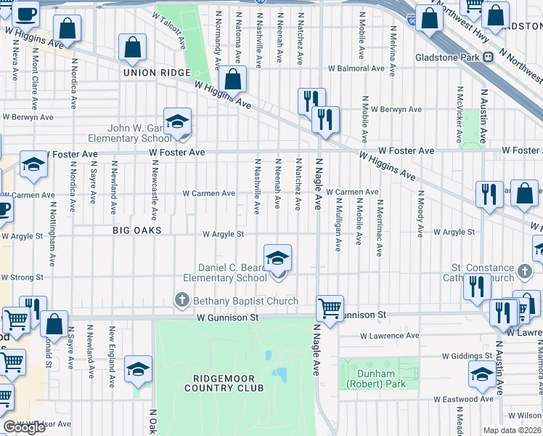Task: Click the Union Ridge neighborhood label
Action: [156, 73]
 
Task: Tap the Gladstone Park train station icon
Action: [488, 57]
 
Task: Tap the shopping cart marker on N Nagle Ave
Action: [330, 307]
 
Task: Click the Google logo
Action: [25, 427]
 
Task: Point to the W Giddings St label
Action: [468, 357]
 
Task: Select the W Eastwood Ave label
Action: [463, 399]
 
